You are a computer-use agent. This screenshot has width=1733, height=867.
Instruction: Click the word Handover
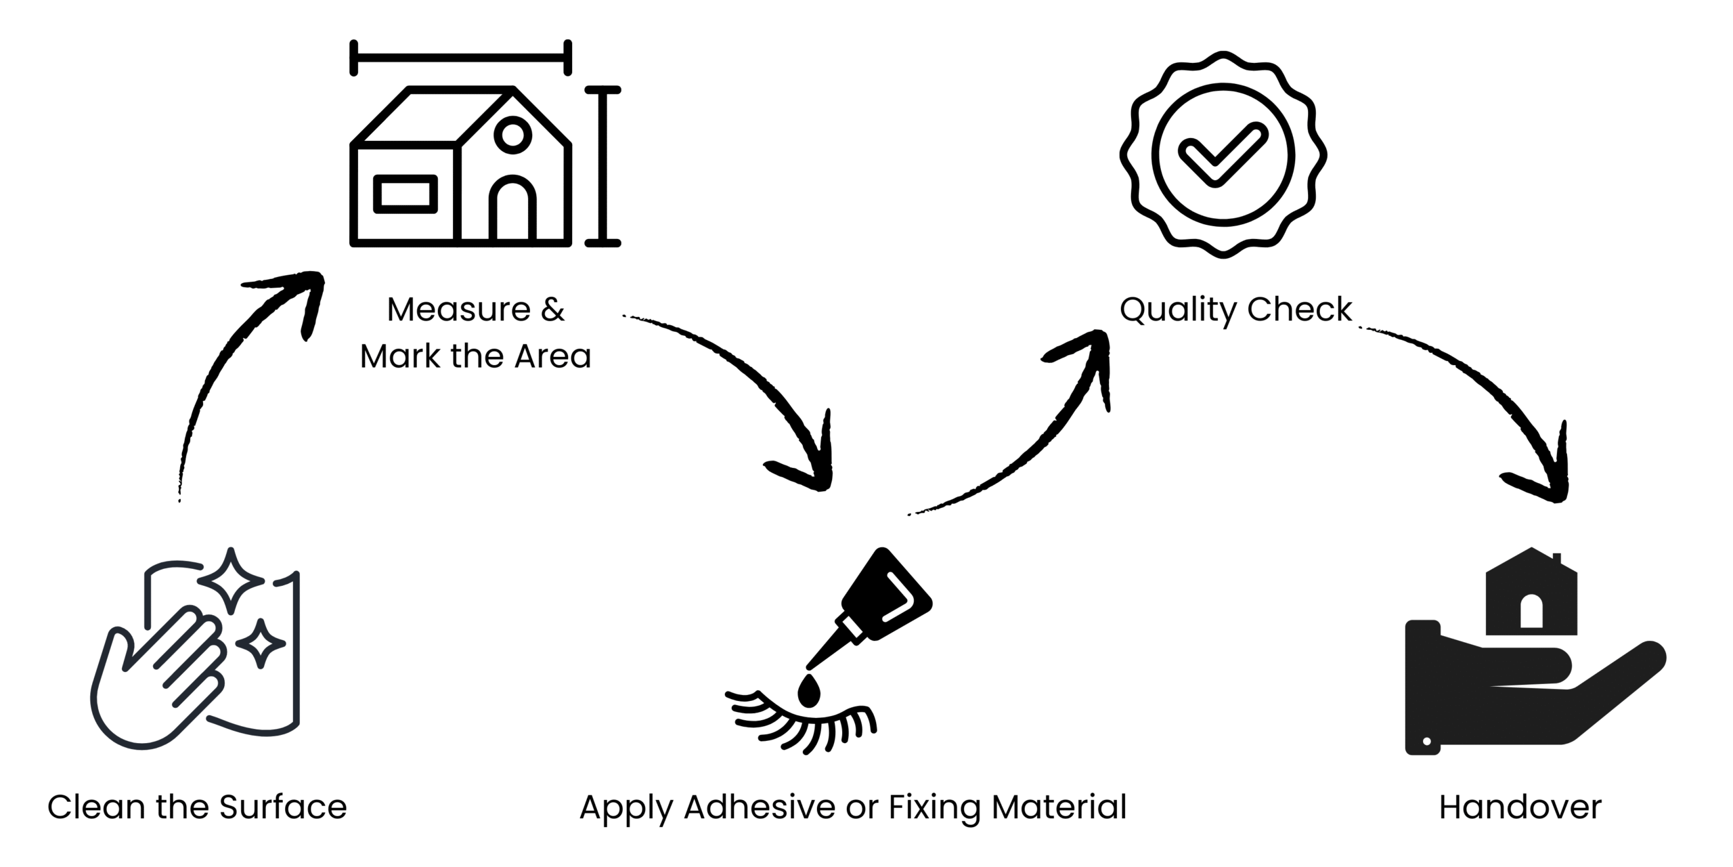point(1520,807)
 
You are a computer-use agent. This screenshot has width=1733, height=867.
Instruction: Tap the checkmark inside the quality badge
point(1222,155)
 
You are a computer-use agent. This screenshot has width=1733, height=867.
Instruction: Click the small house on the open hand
point(1531,596)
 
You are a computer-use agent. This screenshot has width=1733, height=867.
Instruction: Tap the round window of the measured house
point(512,133)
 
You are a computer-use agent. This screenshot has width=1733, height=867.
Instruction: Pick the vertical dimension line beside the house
point(602,166)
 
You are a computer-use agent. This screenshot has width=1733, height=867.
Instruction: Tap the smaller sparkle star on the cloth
point(260,643)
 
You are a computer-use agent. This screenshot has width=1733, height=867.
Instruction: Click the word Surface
point(283,807)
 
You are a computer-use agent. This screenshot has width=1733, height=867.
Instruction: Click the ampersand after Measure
point(552,310)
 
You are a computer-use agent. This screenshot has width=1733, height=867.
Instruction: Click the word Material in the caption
point(1059,807)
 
